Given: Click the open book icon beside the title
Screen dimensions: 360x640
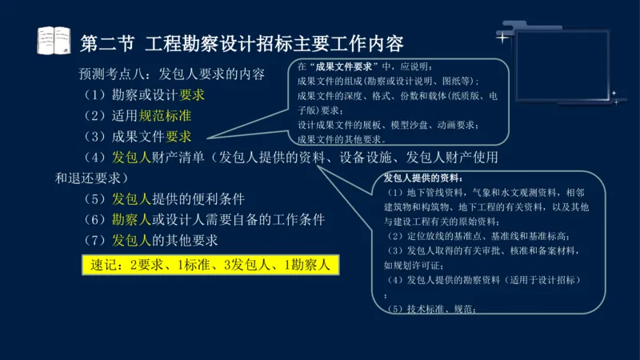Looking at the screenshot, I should [54, 41].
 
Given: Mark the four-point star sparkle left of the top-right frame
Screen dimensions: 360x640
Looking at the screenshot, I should [502, 37].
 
